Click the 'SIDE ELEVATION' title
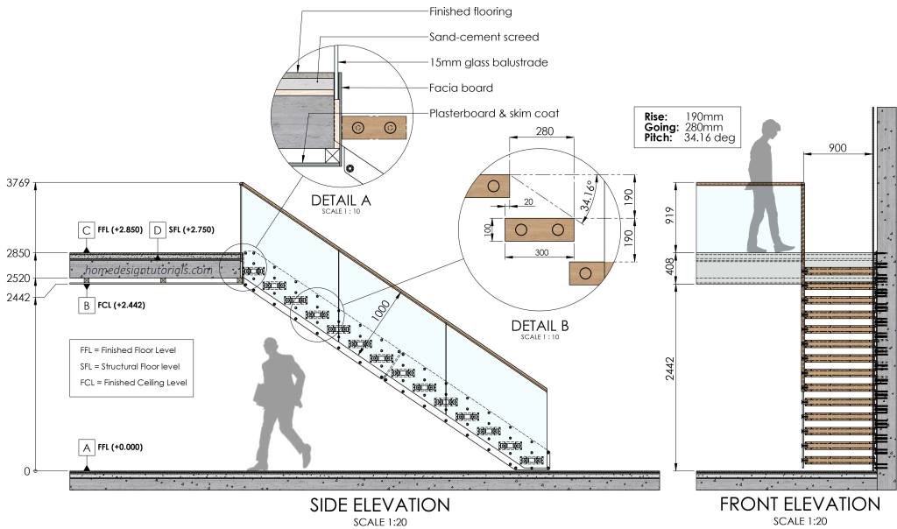point(379,505)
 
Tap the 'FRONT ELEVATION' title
point(799,504)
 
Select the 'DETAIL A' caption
point(341,201)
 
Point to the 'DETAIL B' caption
point(540,326)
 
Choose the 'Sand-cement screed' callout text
point(484,37)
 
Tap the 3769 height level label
point(18,183)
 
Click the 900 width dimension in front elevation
point(837,148)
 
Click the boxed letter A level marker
point(86,447)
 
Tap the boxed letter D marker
point(157,229)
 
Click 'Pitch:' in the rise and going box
point(655,138)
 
